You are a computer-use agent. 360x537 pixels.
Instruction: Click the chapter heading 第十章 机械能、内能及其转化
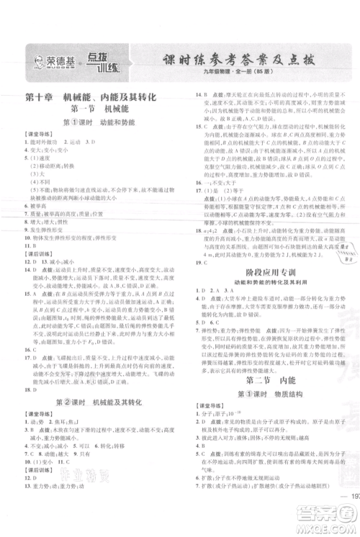tap(91, 97)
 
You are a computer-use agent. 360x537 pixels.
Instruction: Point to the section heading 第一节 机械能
tap(92, 109)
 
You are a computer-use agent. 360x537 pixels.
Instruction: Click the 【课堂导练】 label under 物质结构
tap(212, 406)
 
